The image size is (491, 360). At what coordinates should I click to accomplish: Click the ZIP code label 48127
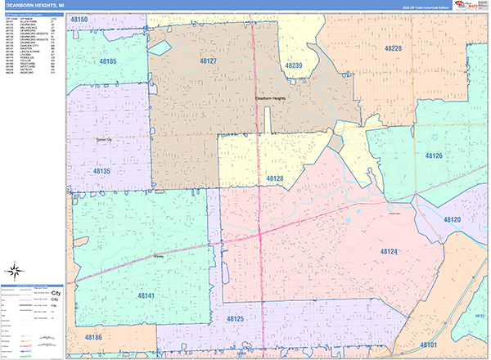coord(208,61)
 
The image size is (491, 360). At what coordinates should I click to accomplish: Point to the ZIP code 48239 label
coord(294,65)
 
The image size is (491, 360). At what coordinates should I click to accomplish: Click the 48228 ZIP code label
coord(393,48)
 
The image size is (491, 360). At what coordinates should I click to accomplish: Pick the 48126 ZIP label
coord(434,155)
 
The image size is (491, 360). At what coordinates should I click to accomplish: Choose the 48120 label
coord(453,220)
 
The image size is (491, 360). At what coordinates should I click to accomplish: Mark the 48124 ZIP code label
coord(390,252)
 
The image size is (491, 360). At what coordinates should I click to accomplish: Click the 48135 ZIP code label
coord(101,172)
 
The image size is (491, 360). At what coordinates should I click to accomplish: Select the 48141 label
coord(146,295)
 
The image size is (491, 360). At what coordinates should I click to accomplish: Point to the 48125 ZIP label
coord(235,318)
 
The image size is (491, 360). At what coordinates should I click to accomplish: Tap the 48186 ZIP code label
coord(92,337)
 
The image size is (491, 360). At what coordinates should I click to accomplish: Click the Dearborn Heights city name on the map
coord(272,98)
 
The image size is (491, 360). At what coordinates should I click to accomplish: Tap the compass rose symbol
coord(15,271)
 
